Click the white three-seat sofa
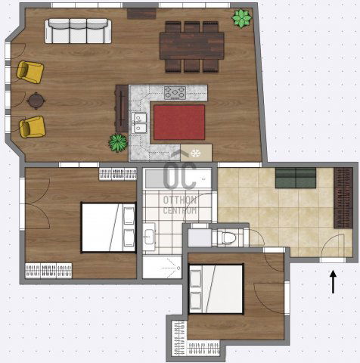pyautogui.click(x=78, y=31)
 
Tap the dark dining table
pyautogui.click(x=192, y=46)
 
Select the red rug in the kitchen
pyautogui.click(x=179, y=123)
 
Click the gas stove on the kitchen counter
pyautogui.click(x=175, y=92)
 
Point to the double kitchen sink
pyautogui.click(x=139, y=123)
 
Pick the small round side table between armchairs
pyautogui.click(x=36, y=101)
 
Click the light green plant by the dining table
pyautogui.click(x=242, y=18)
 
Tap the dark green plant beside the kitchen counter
pyautogui.click(x=118, y=143)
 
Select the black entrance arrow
pyautogui.click(x=333, y=282)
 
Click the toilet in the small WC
pyautogui.click(x=227, y=237)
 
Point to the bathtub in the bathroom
pyautogui.click(x=178, y=178)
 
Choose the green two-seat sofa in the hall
pyautogui.click(x=296, y=178)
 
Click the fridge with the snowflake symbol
pyautogui.click(x=196, y=153)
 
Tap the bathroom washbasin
pyautogui.click(x=149, y=237)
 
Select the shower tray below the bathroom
pyautogui.click(x=162, y=267)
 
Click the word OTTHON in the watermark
pyautogui.click(x=180, y=200)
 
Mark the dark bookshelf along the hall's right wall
pyautogui.click(x=343, y=198)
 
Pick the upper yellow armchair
pyautogui.click(x=30, y=72)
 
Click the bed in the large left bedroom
pyautogui.click(x=108, y=228)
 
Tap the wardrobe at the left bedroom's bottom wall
pyautogui.click(x=48, y=271)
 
